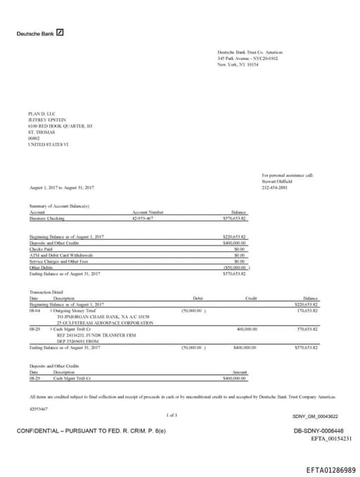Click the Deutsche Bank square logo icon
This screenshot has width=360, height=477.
pyautogui.click(x=61, y=32)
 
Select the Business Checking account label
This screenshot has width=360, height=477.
pyautogui.click(x=47, y=218)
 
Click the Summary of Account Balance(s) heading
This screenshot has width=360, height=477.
pyautogui.click(x=59, y=205)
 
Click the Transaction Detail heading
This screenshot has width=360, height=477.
pyautogui.click(x=46, y=292)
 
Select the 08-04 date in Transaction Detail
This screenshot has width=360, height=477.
pyautogui.click(x=34, y=310)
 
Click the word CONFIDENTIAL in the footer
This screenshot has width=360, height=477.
pyautogui.click(x=41, y=430)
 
